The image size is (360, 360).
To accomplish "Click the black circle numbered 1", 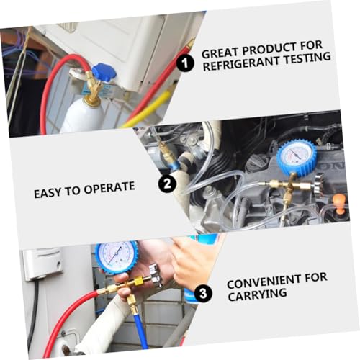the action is pyautogui.click(x=185, y=63).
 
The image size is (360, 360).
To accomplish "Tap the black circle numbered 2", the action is pyautogui.click(x=167, y=184).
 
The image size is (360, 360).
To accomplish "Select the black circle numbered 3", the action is pyautogui.click(x=203, y=293).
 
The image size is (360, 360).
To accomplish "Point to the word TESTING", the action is pyautogui.click(x=307, y=58).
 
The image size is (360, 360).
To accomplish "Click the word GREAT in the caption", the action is pyautogui.click(x=220, y=53).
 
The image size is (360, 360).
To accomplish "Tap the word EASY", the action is pyautogui.click(x=48, y=193).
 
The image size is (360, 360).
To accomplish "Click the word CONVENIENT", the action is pyautogui.click(x=264, y=282).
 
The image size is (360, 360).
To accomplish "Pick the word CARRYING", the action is pyautogui.click(x=257, y=294).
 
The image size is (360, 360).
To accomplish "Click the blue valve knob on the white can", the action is pyautogui.click(x=104, y=72).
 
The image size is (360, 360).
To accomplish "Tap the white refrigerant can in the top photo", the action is pyautogui.click(x=82, y=117).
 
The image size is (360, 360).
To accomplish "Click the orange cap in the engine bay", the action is pyautogui.click(x=340, y=204).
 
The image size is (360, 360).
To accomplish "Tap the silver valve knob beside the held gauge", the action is pyautogui.click(x=156, y=276).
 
